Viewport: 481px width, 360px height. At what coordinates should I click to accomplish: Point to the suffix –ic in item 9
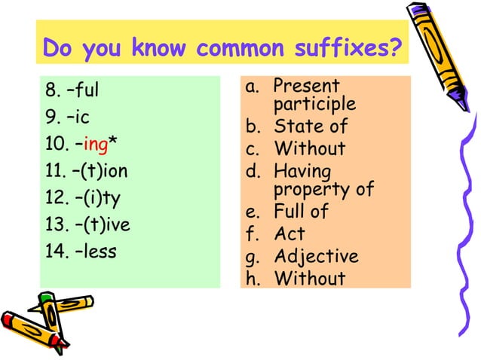pos(78,119)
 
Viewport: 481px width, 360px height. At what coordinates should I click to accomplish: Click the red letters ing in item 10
pos(97,146)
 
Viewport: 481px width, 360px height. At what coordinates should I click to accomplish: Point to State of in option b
pos(310,125)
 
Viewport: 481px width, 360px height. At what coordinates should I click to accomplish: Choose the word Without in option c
pos(309,148)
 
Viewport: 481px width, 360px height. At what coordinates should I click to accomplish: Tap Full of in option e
pos(301,212)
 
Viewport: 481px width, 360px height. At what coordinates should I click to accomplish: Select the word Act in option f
pos(290,234)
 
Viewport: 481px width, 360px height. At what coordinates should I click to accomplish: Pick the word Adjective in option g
pos(316,258)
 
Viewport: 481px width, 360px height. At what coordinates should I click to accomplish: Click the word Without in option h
pos(309,279)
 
